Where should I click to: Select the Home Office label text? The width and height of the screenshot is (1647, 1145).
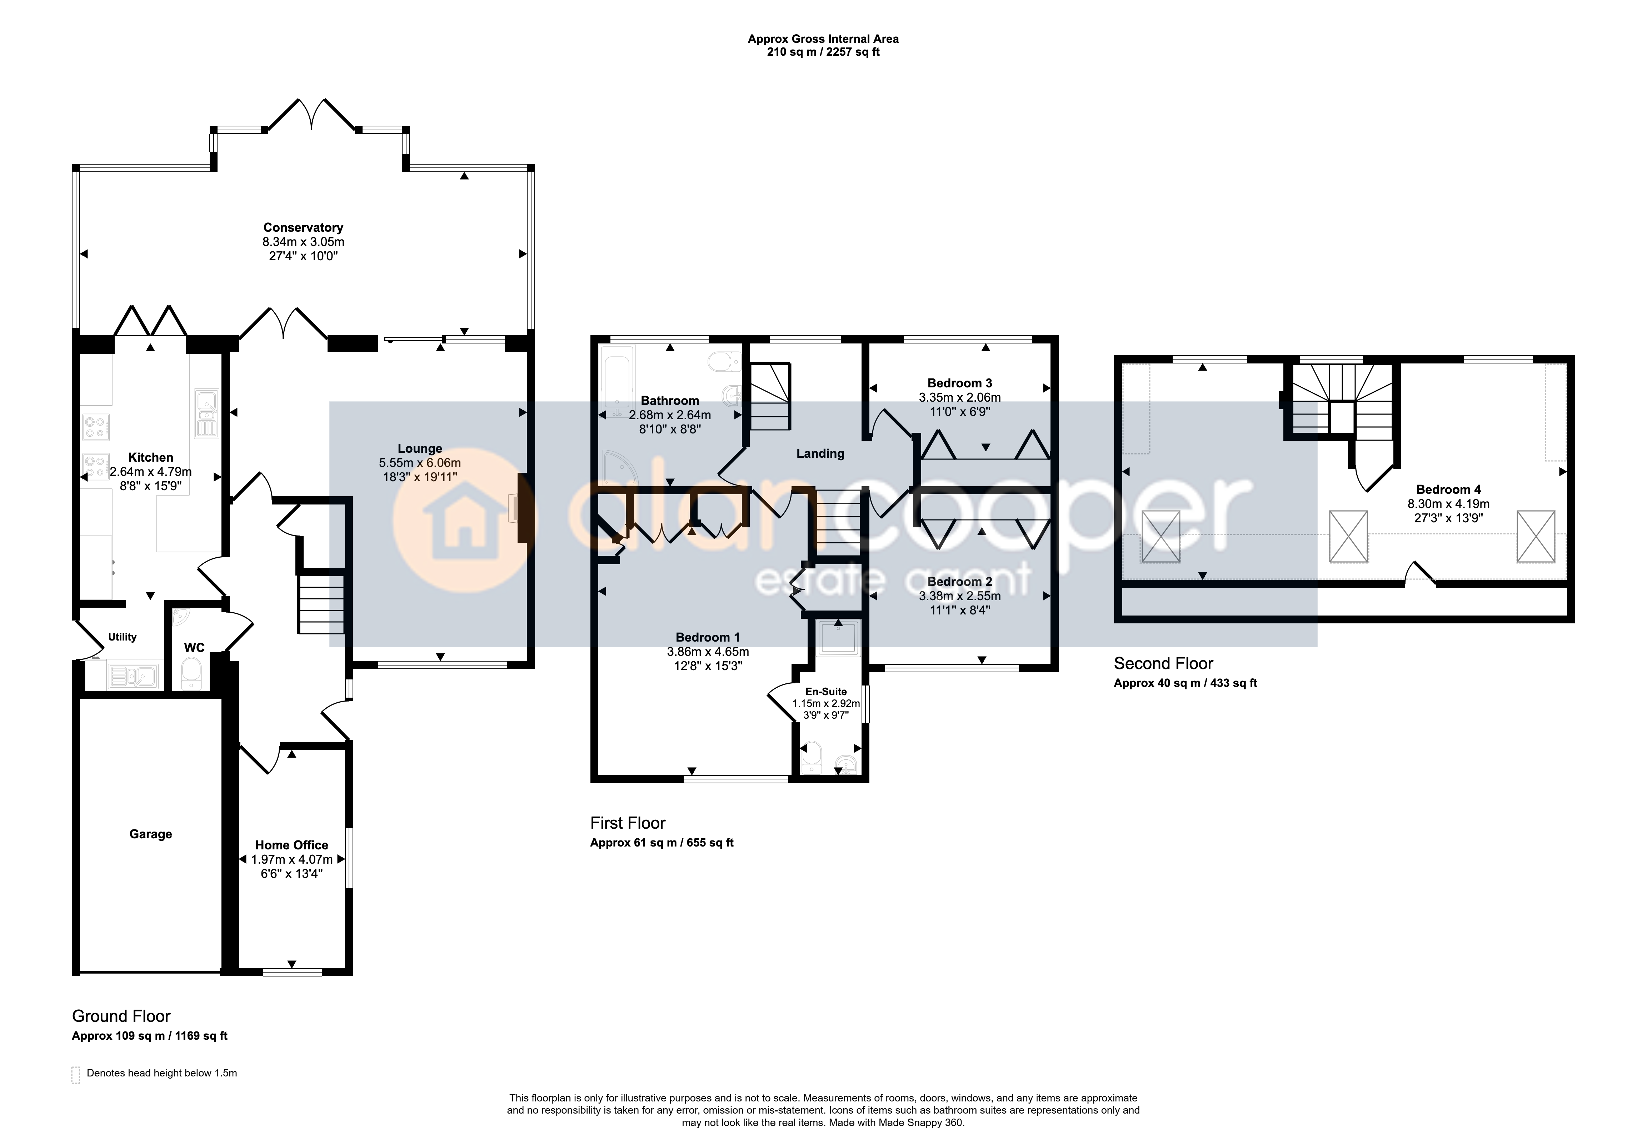click(x=292, y=845)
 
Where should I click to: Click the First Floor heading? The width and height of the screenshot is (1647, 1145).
click(x=628, y=823)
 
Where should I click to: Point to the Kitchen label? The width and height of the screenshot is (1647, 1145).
click(x=151, y=457)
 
